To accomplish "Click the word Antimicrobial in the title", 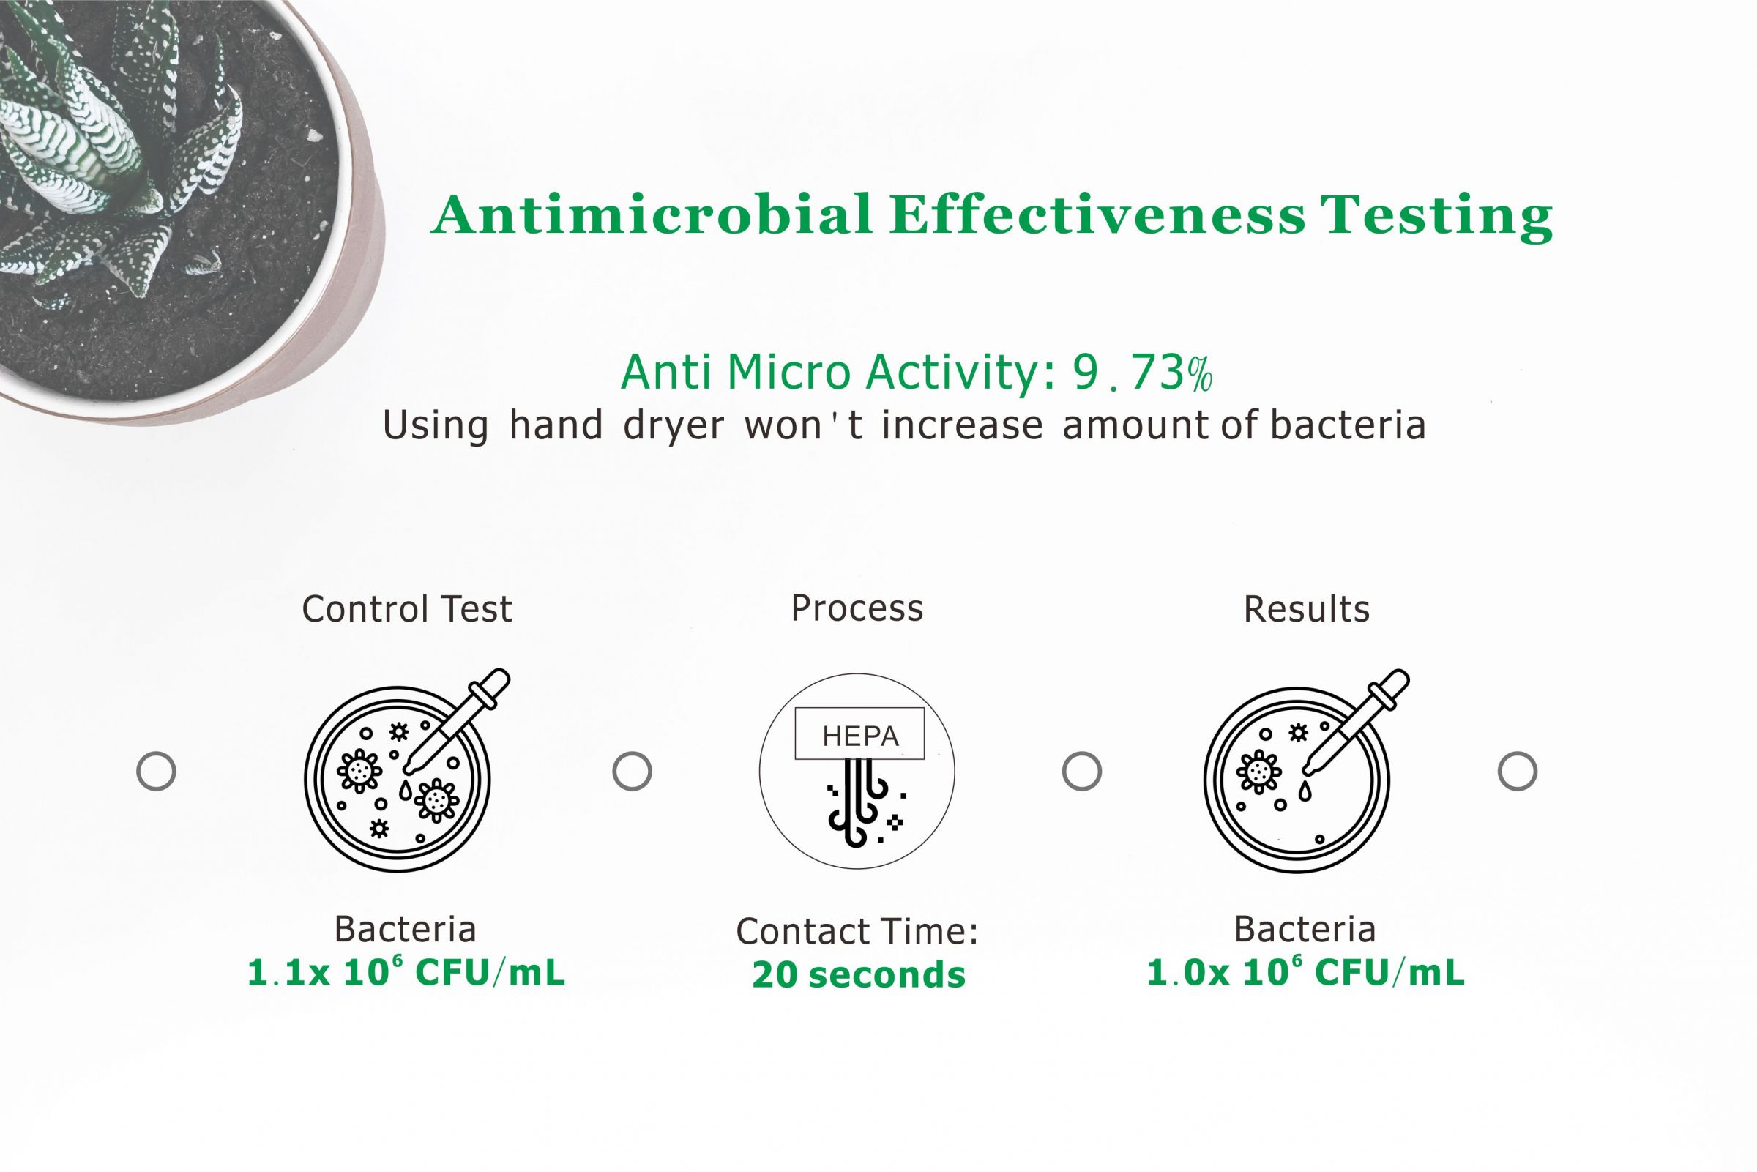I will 652,215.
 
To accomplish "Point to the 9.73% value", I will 1141,373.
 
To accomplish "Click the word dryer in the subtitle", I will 674,426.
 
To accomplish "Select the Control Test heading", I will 406,608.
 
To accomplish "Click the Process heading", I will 857,608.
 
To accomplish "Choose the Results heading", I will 1305,609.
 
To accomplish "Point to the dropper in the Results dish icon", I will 1357,720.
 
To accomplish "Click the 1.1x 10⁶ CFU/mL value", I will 406,973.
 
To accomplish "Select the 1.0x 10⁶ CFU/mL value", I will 1305,973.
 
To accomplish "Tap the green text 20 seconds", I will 858,974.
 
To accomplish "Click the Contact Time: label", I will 857,931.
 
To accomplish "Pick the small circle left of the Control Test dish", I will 156,771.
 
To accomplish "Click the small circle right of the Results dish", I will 1517,771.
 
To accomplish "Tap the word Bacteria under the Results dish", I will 1304,930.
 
